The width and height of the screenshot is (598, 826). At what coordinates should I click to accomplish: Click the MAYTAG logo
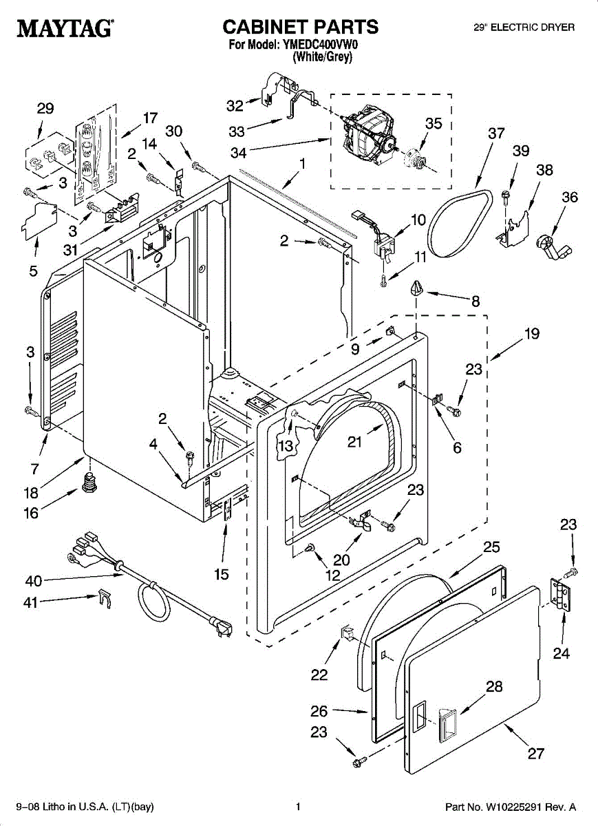click(x=65, y=28)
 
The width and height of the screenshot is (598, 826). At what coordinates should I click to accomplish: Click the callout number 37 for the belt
click(x=496, y=134)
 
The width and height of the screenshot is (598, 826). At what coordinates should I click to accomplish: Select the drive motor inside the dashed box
click(x=370, y=138)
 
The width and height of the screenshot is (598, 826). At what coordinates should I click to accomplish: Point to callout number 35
click(x=433, y=124)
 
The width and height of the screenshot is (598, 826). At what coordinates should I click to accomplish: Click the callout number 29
click(x=45, y=109)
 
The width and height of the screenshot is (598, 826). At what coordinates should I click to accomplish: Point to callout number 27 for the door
click(x=536, y=754)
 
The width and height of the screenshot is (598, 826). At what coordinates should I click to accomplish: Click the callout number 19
click(x=531, y=335)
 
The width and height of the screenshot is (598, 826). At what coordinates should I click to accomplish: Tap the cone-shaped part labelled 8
click(x=416, y=288)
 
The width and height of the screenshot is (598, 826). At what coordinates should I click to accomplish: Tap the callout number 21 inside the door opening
click(x=354, y=443)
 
